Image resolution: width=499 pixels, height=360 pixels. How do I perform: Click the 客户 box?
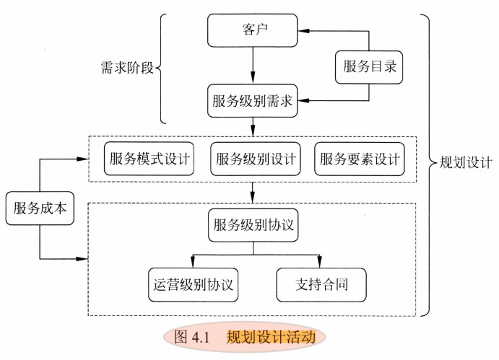click(x=253, y=30)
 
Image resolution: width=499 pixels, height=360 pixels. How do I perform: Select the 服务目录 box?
click(x=370, y=67)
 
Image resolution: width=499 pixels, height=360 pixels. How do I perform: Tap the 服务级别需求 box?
click(x=253, y=102)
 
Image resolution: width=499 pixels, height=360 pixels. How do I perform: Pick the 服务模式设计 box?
click(x=149, y=159)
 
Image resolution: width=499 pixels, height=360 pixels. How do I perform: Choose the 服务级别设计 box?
click(x=256, y=159)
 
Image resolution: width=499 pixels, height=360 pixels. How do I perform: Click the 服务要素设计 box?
click(x=359, y=159)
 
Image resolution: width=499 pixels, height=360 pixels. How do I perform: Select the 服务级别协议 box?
click(x=253, y=224)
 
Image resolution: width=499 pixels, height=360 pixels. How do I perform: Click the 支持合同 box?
click(x=321, y=284)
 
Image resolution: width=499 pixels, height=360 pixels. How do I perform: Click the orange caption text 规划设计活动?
click(x=271, y=337)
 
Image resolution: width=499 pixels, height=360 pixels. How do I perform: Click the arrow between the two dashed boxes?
click(x=253, y=192)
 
